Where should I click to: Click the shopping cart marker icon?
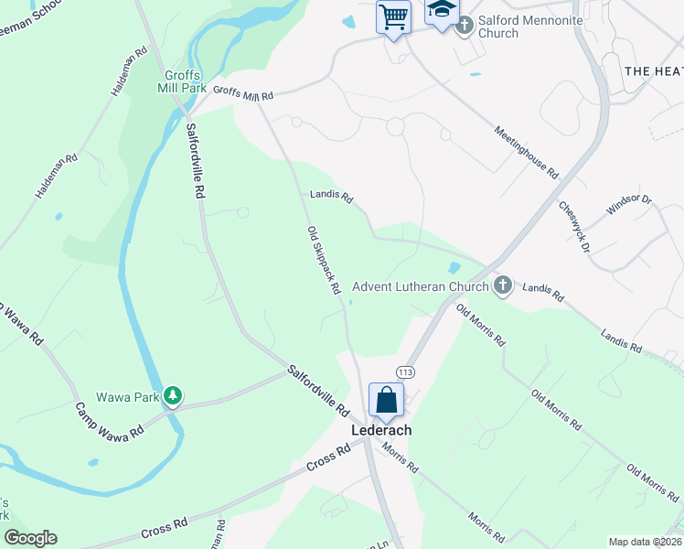[x=393, y=16]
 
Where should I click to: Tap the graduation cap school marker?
[x=442, y=12]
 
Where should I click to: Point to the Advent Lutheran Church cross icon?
[x=502, y=286]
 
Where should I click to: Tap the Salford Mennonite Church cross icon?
[x=464, y=24]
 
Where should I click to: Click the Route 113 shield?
[x=406, y=371]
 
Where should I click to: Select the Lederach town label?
[x=382, y=430]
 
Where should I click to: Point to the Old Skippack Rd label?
[x=324, y=260]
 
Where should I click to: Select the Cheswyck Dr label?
[x=576, y=228]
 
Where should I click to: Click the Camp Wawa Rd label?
[x=110, y=420]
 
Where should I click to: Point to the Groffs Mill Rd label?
[x=243, y=92]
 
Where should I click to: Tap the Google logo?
[x=30, y=538]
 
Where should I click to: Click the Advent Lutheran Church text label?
[x=421, y=286]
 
